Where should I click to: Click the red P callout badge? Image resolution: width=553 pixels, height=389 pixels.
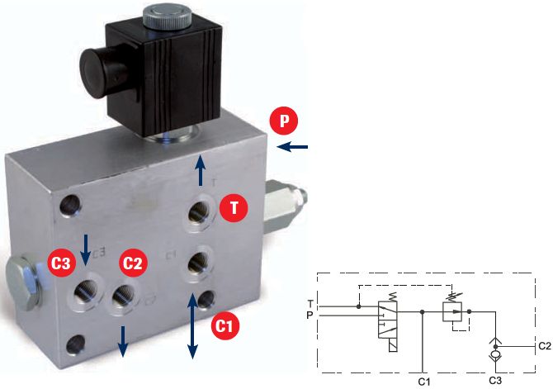284,121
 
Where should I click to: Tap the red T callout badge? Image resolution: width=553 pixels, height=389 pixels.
234,208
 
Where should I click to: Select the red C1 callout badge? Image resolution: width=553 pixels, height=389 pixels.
225,325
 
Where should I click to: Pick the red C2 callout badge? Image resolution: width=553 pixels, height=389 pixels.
133,263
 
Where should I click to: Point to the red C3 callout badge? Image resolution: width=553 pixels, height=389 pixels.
62,263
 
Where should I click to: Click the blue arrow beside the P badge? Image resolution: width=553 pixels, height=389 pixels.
292,147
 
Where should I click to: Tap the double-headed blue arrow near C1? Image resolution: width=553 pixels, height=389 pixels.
192,326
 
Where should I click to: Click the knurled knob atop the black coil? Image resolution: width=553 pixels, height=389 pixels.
168,17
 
